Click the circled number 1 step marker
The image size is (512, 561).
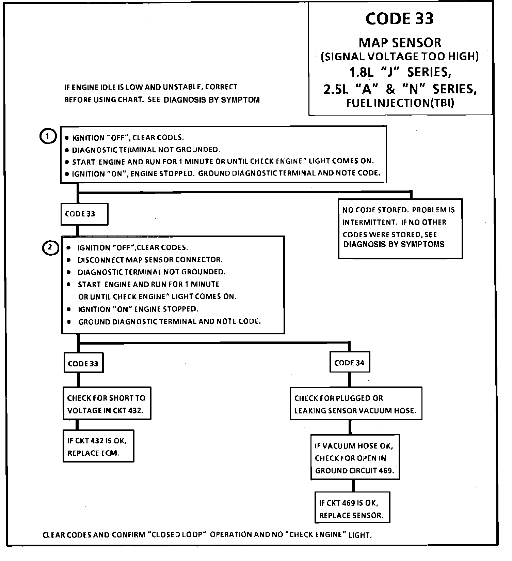pos(48,137)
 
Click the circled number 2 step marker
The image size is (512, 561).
pos(50,247)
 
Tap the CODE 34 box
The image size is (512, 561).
pos(350,363)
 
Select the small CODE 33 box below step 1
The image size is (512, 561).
pos(84,214)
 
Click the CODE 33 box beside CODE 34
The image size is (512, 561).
pos(83,363)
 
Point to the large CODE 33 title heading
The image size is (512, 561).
pos(399,19)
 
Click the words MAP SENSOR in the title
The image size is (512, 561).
pos(400,43)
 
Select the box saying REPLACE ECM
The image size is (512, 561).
pos(98,446)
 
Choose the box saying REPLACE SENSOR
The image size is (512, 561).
pos(352,509)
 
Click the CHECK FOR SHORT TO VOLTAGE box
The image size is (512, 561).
pos(107,404)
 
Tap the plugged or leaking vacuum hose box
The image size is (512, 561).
pos(355,404)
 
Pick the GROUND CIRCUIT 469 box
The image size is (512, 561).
pos(355,458)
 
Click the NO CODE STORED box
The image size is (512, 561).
pos(400,228)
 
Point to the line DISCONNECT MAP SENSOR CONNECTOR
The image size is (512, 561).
pos(150,260)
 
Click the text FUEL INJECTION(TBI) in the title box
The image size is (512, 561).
pos(400,103)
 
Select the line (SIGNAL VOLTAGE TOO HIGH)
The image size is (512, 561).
pos(400,57)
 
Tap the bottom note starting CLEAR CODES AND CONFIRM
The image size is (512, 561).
pos(207,535)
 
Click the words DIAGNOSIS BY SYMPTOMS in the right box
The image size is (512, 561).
pos(394,244)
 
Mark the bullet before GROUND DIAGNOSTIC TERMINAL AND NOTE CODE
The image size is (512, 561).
pos(69,322)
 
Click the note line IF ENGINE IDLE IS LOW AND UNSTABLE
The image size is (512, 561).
pos(151,87)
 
